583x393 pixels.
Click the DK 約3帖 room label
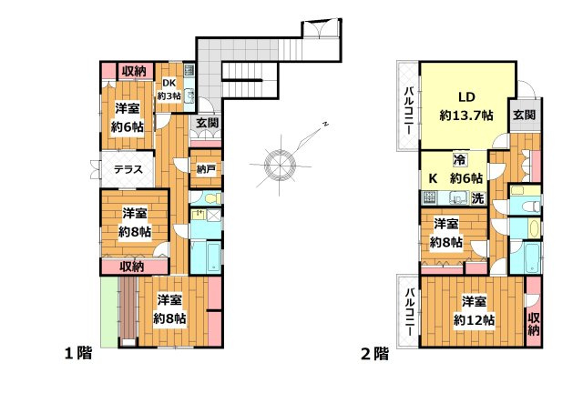169,89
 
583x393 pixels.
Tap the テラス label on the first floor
128,169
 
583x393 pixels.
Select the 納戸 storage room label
206,169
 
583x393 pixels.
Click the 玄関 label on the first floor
207,123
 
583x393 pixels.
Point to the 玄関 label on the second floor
525,115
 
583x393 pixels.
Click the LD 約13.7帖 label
466,106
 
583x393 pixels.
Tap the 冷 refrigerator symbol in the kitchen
459,160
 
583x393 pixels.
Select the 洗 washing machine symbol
478,198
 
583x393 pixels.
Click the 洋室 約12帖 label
474,310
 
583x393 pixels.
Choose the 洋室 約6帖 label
128,117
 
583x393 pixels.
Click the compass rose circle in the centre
280,165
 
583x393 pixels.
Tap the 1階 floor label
78,353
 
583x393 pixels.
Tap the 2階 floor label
374,354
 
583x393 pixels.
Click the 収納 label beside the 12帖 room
534,324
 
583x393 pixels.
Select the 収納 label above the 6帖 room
134,71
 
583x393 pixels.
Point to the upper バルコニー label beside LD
409,110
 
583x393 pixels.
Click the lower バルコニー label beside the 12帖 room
409,312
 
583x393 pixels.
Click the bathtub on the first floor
213,257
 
